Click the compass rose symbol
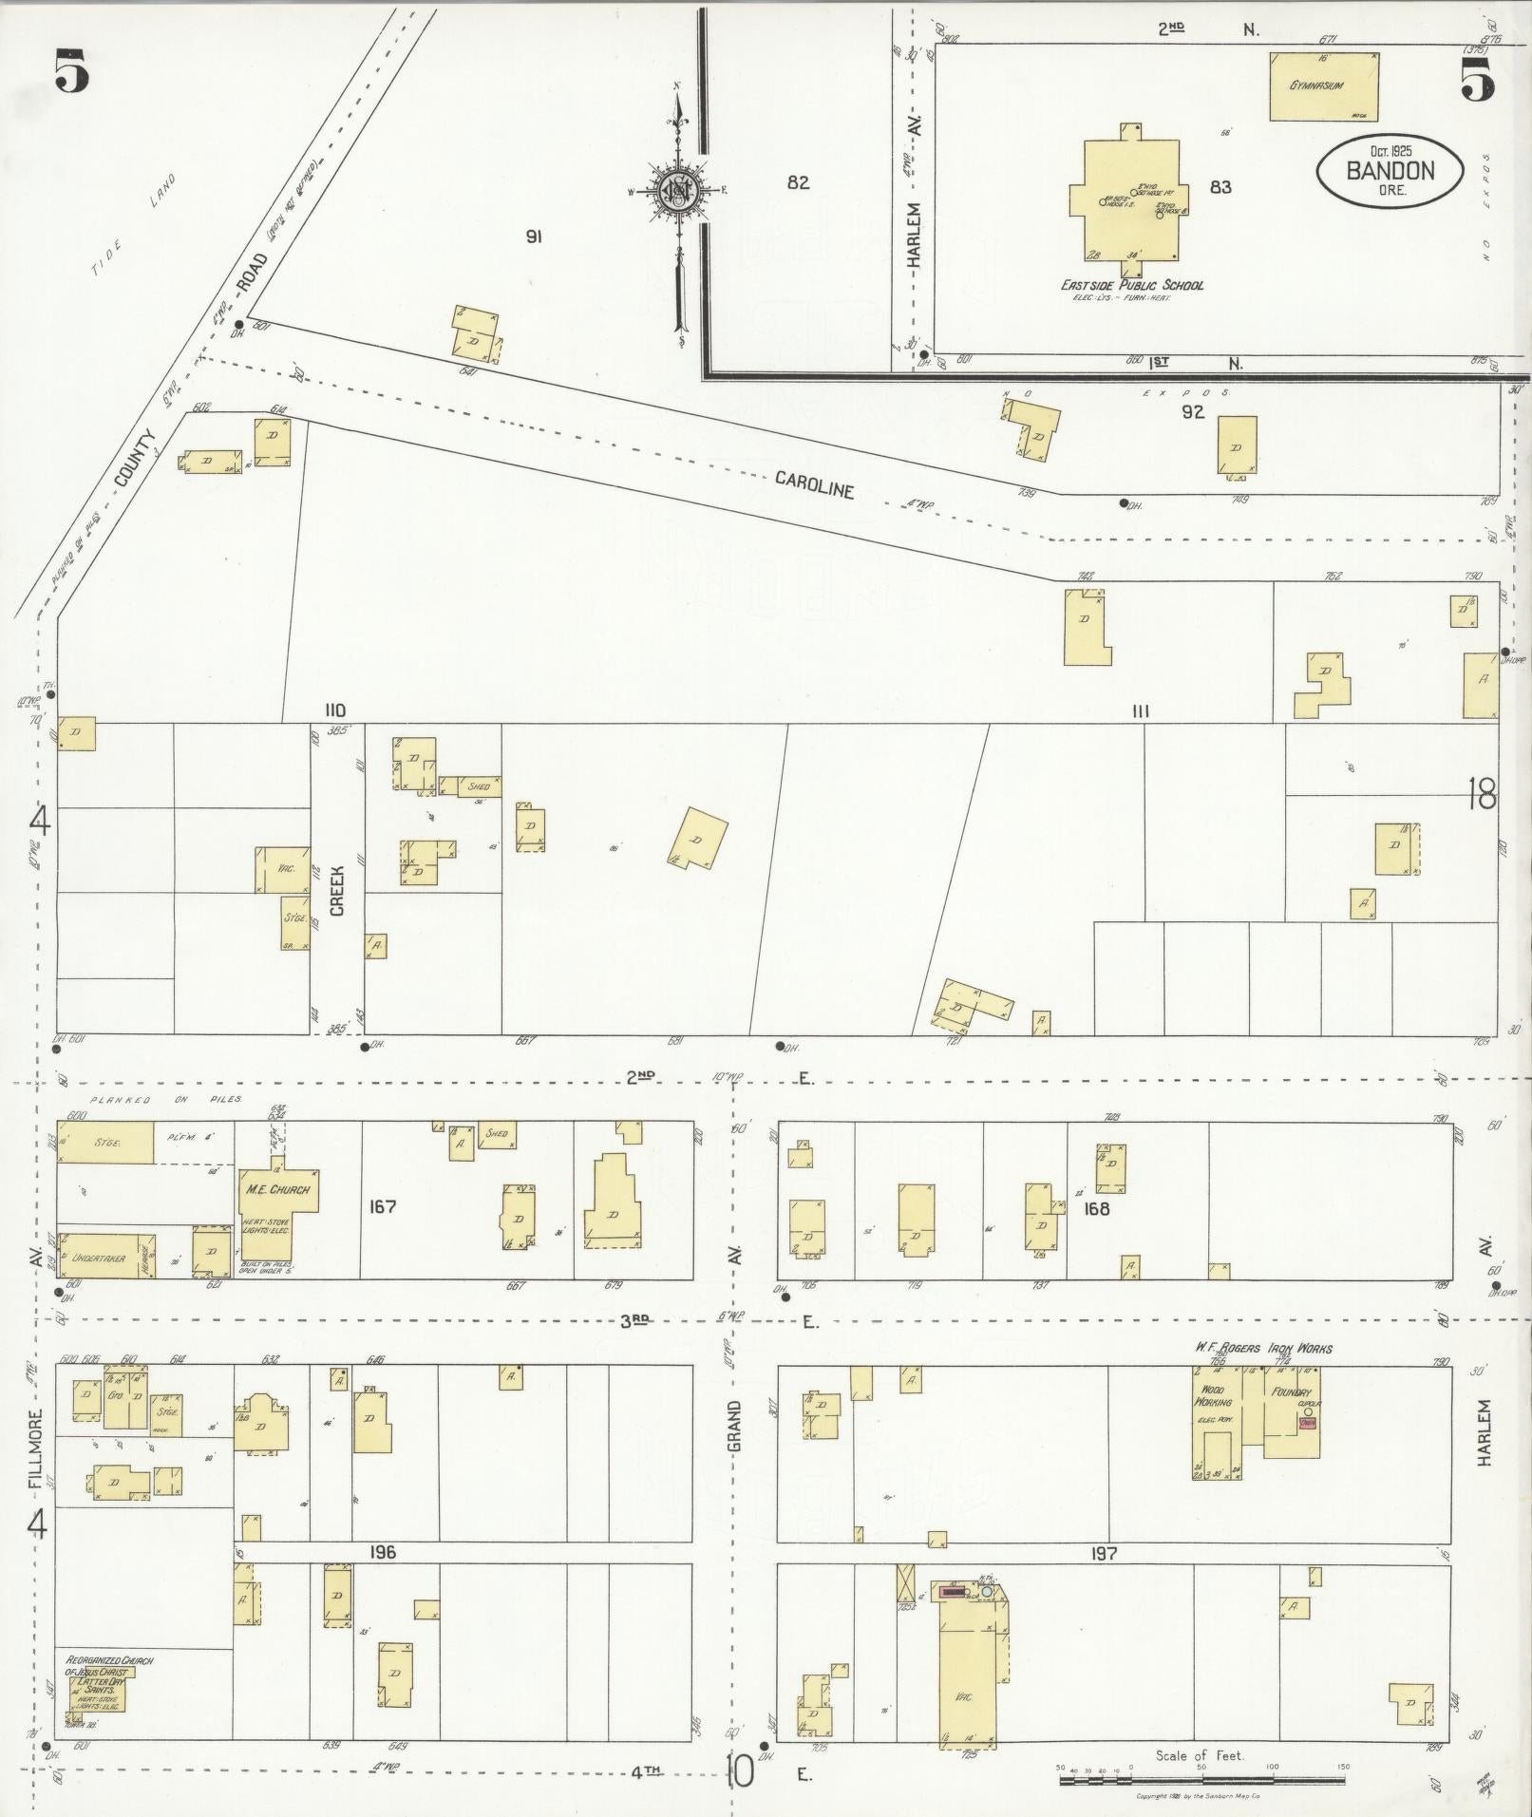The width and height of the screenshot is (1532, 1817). pyautogui.click(x=679, y=190)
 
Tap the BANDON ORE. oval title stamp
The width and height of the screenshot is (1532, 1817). pyautogui.click(x=1389, y=170)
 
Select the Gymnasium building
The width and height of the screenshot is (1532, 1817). pyautogui.click(x=1324, y=85)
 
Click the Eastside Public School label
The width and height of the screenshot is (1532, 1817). pyautogui.click(x=1132, y=285)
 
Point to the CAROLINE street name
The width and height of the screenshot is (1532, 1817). pyautogui.click(x=814, y=484)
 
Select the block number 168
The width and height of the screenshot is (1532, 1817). pyautogui.click(x=1096, y=1209)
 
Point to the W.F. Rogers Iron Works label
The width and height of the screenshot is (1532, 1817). pyautogui.click(x=1262, y=1348)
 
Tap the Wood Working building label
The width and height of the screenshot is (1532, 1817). pyautogui.click(x=1215, y=1395)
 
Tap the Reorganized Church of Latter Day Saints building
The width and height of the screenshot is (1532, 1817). pyautogui.click(x=96, y=1692)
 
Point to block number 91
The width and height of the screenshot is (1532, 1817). pyautogui.click(x=534, y=237)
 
